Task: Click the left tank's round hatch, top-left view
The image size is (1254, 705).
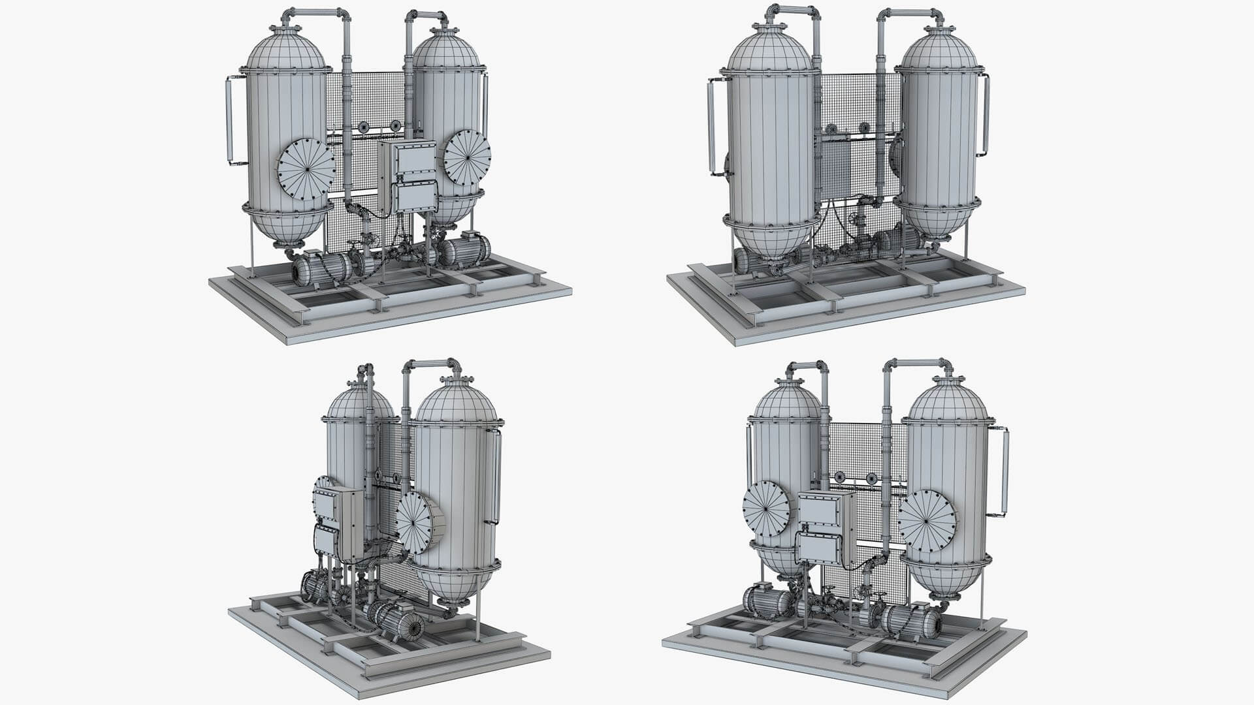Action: pyautogui.click(x=306, y=170)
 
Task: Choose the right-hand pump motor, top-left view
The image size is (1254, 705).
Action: pyautogui.click(x=465, y=249)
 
